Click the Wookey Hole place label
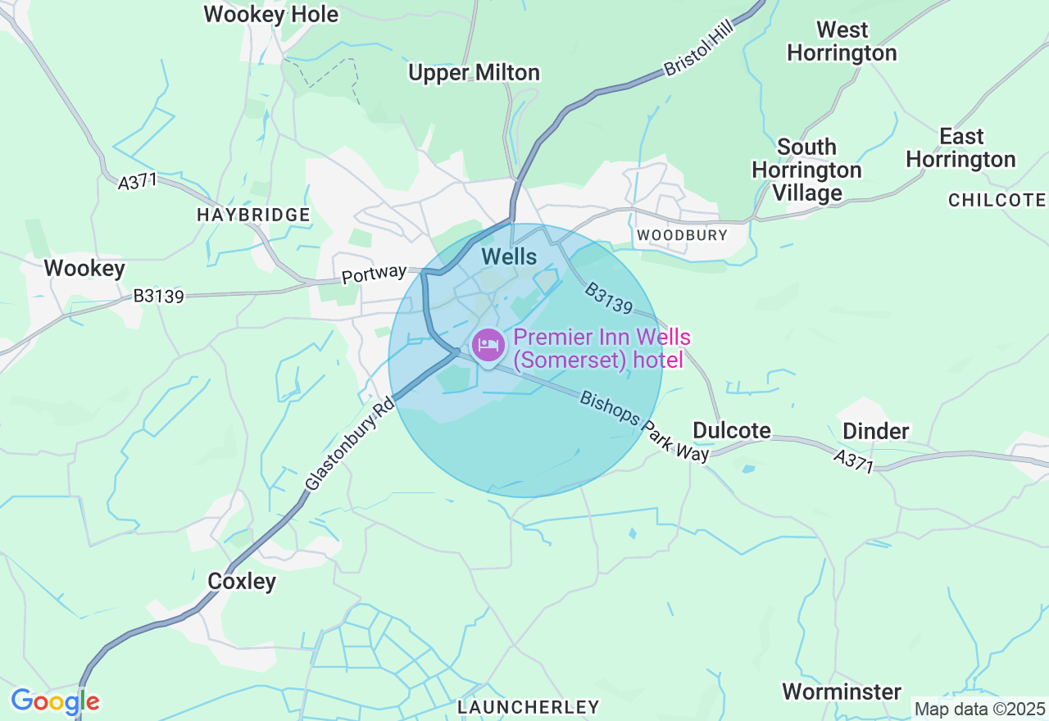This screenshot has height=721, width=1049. [270, 15]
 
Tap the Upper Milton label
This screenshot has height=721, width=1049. [474, 73]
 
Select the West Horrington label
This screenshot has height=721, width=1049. [842, 42]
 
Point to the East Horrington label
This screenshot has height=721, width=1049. [960, 147]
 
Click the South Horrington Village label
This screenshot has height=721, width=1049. [806, 170]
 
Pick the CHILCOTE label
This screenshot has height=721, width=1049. [997, 200]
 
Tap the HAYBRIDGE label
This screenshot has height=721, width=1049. [253, 215]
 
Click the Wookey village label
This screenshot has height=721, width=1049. [84, 268]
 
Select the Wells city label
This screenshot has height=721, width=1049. [509, 256]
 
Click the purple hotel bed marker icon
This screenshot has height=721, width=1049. [488, 344]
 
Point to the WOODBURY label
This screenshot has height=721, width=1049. [682, 235]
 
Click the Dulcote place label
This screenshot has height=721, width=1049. [732, 430]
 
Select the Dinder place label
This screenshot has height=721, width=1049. [876, 431]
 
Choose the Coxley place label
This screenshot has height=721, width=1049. [242, 581]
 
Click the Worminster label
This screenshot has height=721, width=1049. [842, 692]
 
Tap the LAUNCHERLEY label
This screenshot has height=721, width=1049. [529, 706]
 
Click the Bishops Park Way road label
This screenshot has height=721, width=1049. [644, 427]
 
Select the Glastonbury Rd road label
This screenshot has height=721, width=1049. [349, 443]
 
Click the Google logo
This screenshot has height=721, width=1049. [55, 701]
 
